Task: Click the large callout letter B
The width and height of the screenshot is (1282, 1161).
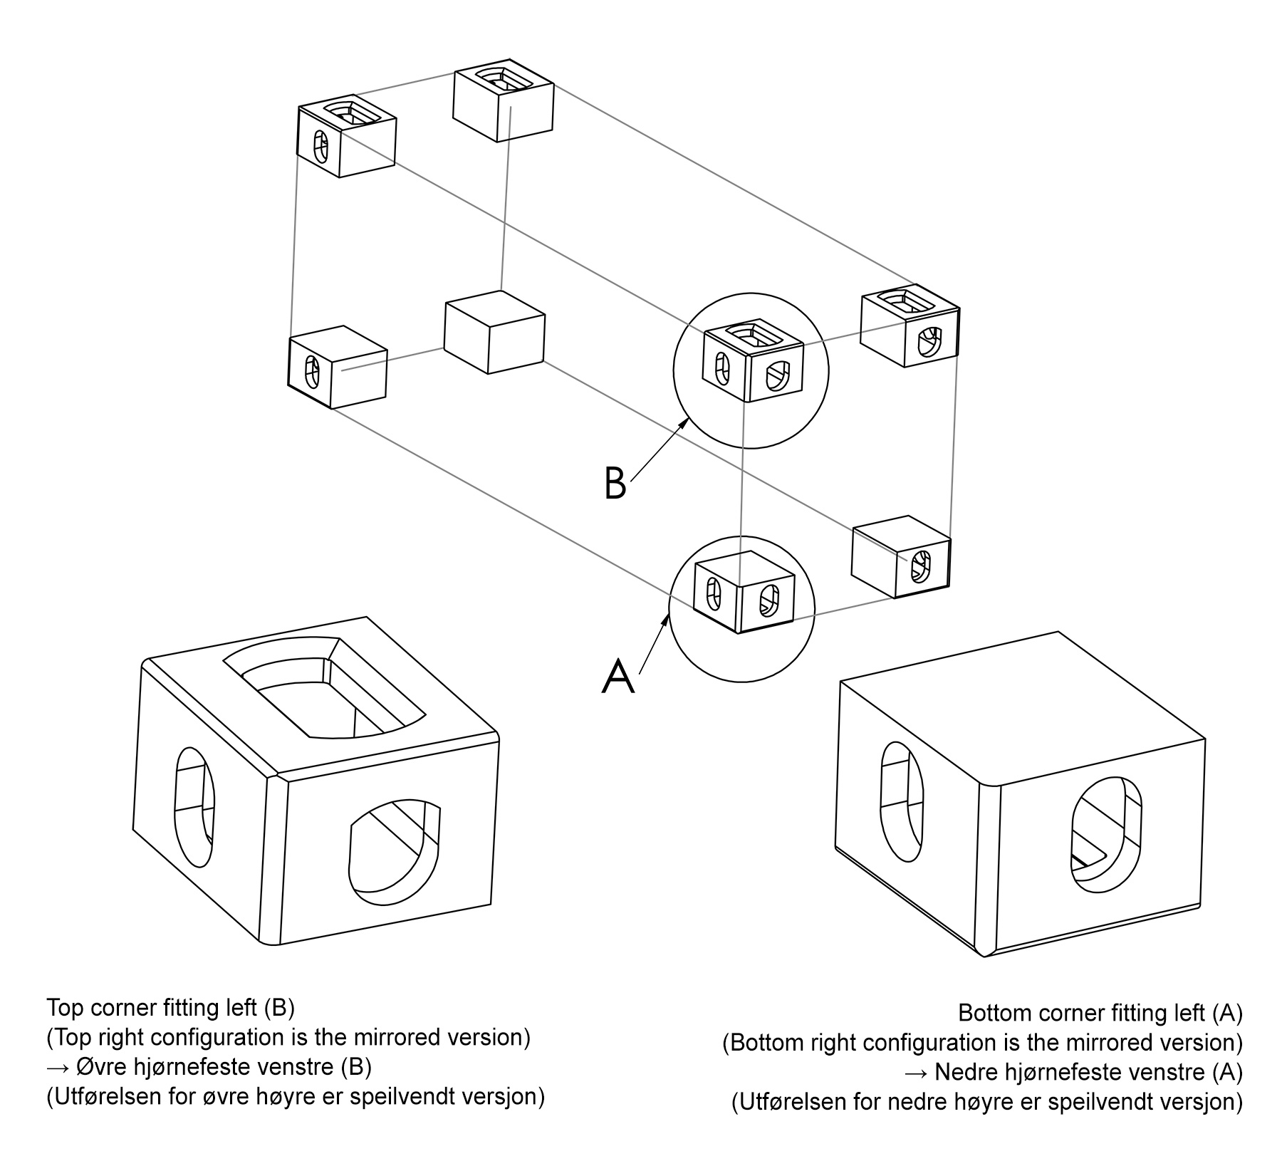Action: click(615, 483)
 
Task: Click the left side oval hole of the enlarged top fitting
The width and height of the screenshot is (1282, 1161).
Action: click(194, 806)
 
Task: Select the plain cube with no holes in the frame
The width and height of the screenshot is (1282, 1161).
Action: click(494, 332)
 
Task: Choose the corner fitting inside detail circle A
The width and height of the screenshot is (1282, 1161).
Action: click(743, 590)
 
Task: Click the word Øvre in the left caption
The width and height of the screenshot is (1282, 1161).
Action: click(95, 1067)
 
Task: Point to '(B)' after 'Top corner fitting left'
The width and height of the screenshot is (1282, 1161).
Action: click(278, 1008)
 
